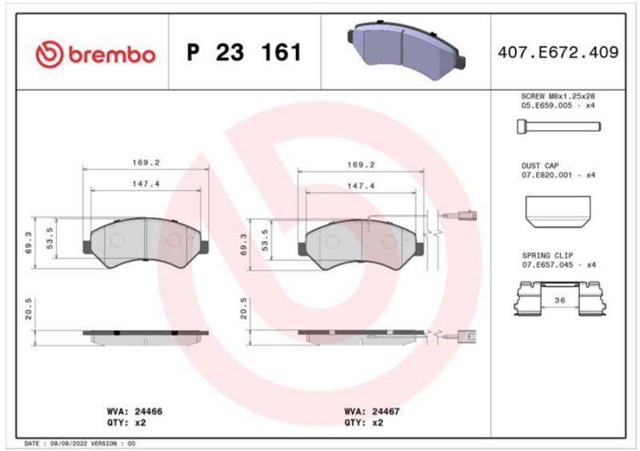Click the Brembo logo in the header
95,54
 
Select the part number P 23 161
244,52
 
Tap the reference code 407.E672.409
558,52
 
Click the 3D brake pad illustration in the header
406,50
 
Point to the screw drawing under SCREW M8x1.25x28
558,126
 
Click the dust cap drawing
558,211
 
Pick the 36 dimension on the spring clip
560,301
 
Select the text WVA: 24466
134,411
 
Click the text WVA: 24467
372,411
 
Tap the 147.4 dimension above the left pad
146,184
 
